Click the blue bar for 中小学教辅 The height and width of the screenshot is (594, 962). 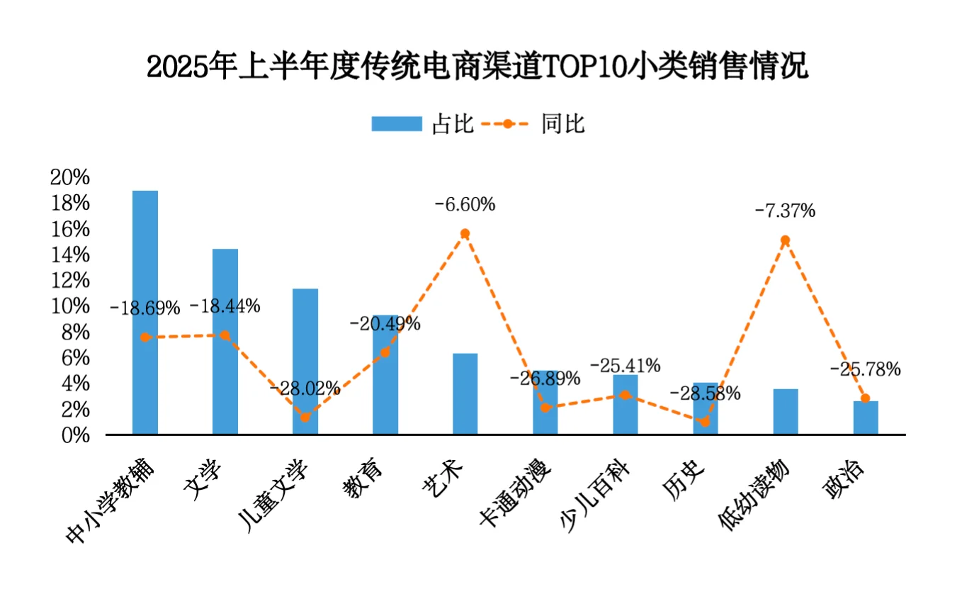145,312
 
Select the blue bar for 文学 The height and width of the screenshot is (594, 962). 225,341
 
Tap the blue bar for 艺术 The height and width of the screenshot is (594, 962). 465,393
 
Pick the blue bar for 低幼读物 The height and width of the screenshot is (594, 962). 786,411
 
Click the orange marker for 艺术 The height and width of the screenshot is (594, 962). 465,233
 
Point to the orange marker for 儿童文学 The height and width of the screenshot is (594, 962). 305,418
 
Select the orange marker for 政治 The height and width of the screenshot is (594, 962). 865,398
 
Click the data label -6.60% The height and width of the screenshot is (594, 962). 465,205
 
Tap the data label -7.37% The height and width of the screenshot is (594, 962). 785,211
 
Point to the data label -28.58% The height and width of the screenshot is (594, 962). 705,393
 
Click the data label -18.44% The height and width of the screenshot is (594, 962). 225,306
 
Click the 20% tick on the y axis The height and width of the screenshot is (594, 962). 70,177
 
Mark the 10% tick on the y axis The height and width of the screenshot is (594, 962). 70,306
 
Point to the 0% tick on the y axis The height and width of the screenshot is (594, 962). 74,435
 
